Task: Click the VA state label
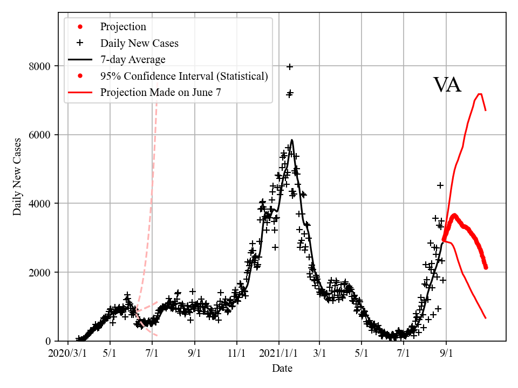447,86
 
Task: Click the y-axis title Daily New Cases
18,177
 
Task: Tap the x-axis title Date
282,369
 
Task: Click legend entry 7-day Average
133,59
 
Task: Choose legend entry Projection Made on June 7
160,93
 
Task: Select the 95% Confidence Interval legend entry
184,76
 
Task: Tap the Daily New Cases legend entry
139,43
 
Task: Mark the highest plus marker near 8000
290,67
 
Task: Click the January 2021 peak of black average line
292,140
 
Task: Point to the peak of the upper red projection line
480,94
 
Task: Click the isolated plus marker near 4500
440,185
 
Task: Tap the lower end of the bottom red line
486,318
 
